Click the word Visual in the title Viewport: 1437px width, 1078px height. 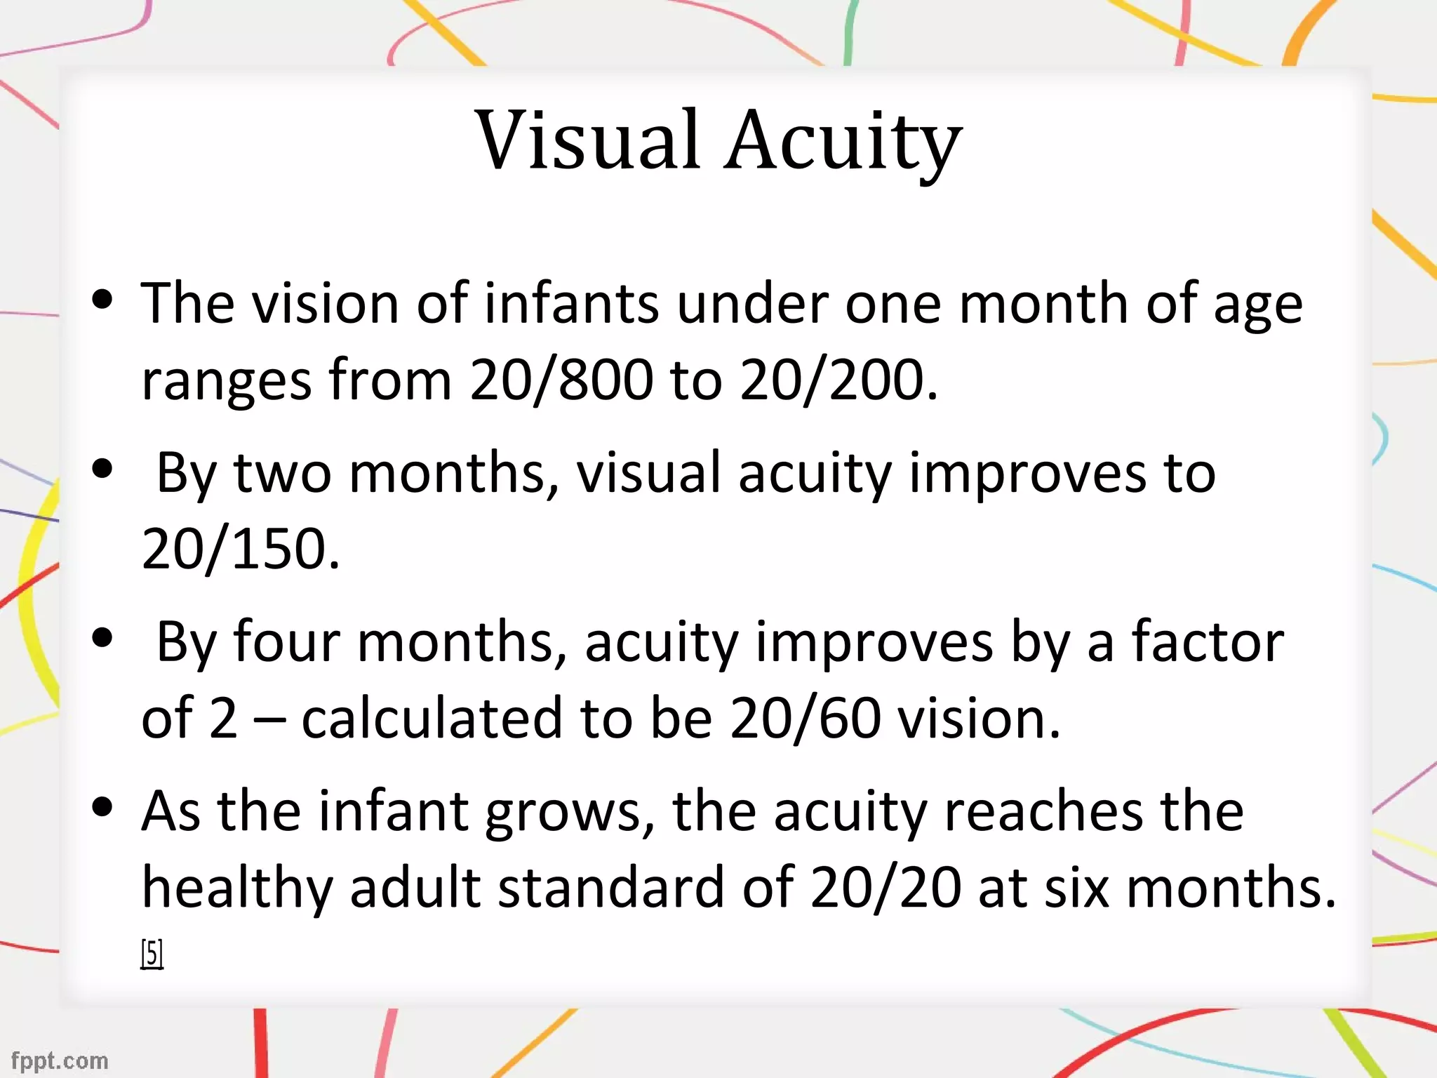pos(588,140)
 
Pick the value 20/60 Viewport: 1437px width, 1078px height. pos(805,718)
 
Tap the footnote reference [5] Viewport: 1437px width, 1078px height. pos(152,954)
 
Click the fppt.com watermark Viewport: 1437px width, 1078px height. pos(60,1060)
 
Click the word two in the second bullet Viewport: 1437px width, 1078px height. pos(283,473)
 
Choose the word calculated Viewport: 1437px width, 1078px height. pos(432,718)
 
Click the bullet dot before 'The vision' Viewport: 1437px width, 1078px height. pos(102,300)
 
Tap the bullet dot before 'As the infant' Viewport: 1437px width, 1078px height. pos(102,808)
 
